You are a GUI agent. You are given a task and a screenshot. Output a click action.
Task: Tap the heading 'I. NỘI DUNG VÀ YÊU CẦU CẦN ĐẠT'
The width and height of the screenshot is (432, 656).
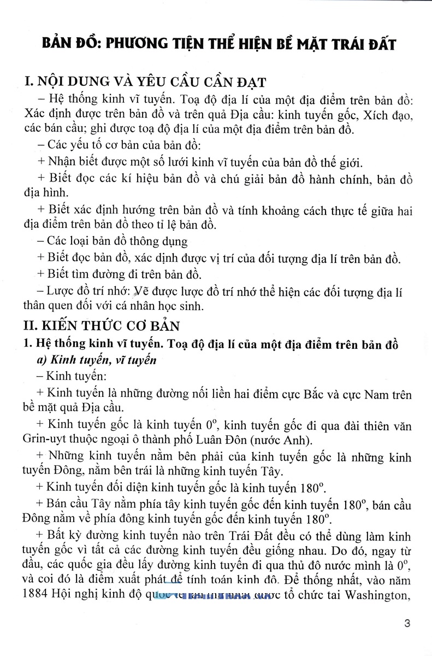click(x=142, y=83)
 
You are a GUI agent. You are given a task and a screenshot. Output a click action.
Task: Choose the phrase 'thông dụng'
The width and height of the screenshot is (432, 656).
click(x=159, y=241)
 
